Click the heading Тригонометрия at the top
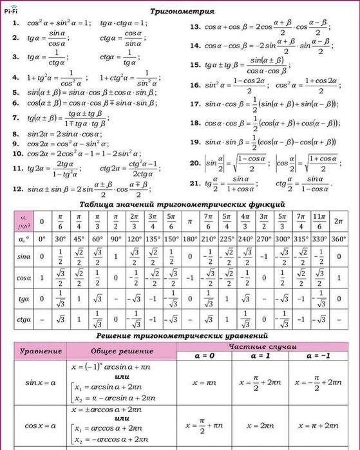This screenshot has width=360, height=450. [182, 12]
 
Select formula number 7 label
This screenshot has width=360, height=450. [15, 118]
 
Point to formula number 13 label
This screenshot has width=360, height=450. [195, 27]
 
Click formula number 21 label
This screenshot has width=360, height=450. [195, 183]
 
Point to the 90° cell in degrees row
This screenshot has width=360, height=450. [117, 239]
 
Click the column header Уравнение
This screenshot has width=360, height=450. [41, 351]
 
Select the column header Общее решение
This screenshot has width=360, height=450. [122, 351]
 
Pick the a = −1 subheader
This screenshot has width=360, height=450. [321, 355]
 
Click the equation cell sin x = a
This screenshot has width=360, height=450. [41, 382]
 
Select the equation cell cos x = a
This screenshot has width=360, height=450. [41, 426]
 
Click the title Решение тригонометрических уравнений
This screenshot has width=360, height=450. [182, 336]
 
